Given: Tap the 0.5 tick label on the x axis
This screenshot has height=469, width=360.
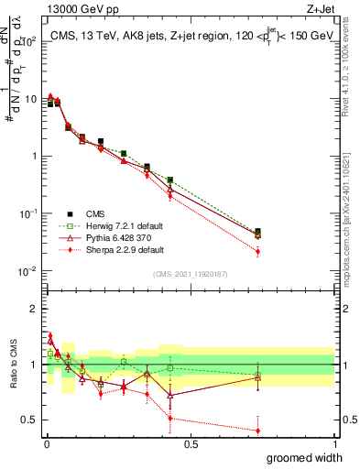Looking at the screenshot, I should pos(191,444).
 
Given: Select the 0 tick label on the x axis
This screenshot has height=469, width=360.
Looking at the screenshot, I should pos(47,444).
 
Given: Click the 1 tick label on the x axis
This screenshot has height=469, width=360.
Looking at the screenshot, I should pos(334,444).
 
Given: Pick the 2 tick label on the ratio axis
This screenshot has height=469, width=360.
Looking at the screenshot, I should pos(37,309).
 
